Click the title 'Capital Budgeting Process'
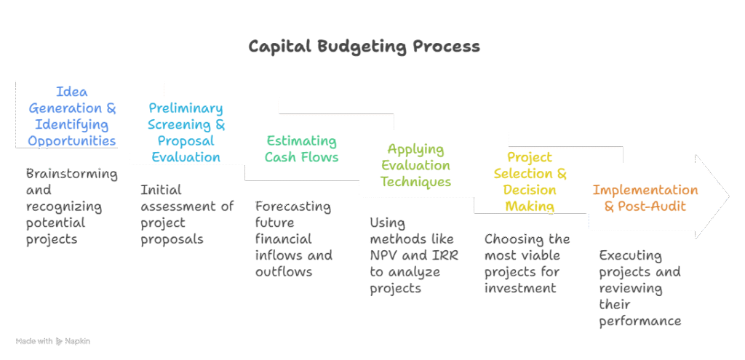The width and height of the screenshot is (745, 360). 364,47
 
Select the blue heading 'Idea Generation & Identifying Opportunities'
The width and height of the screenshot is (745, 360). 72,116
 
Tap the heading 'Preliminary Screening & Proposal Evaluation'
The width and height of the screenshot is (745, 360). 186,132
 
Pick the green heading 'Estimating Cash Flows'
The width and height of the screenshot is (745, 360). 301,148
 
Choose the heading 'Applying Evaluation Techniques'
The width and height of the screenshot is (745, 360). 415,165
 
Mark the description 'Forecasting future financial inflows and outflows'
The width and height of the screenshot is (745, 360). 294,239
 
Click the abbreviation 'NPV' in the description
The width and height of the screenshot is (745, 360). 386,256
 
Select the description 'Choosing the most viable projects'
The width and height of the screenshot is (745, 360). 528,263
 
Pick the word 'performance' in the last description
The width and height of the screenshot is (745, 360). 640,321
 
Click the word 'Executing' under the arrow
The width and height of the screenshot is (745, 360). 630,256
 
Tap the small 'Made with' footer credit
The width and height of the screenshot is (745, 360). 52,341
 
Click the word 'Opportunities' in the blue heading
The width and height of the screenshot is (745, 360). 72,140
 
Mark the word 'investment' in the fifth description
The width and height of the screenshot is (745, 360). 520,288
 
